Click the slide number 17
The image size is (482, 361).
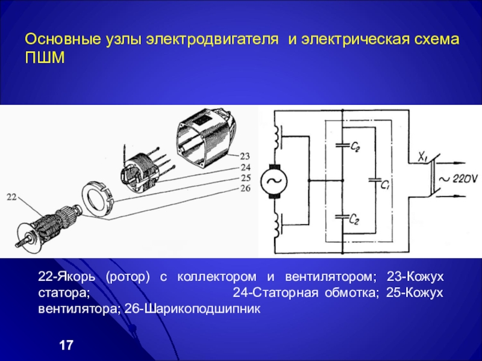(66, 345)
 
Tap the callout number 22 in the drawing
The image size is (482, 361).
(13, 197)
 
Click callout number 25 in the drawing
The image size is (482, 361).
(245, 178)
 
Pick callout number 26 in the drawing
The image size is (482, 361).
(245, 189)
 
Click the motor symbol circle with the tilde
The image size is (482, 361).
(274, 179)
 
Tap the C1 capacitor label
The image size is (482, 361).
(386, 186)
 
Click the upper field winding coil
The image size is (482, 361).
(278, 137)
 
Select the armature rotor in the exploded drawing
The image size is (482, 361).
(48, 222)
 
